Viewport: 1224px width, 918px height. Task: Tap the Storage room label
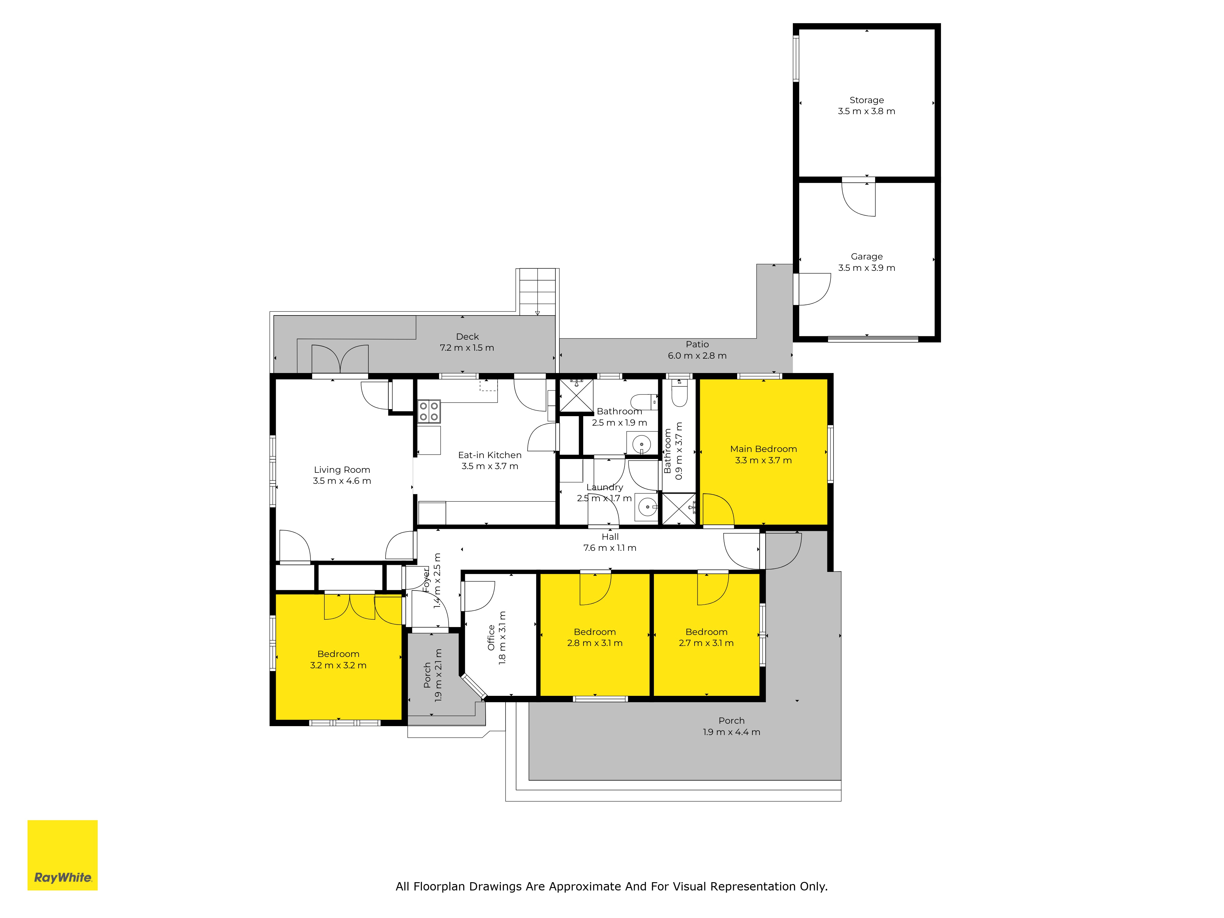867,100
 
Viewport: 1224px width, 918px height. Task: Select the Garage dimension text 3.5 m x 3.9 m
867,268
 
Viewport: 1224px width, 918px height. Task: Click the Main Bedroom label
763,449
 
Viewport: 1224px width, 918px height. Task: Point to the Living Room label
342,470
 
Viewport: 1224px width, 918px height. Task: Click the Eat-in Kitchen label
490,455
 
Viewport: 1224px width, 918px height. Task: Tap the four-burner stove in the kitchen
429,411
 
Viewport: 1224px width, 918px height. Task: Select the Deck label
468,336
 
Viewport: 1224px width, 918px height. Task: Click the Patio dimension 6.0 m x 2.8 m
697,356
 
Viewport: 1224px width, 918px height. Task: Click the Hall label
610,537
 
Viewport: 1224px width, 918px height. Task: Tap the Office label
491,637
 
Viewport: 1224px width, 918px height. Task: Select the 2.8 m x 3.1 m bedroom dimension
595,643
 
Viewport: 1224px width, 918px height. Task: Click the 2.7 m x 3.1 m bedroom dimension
707,643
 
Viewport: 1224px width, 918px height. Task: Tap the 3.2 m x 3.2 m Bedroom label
338,654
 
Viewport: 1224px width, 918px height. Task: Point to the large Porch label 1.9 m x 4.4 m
732,726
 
